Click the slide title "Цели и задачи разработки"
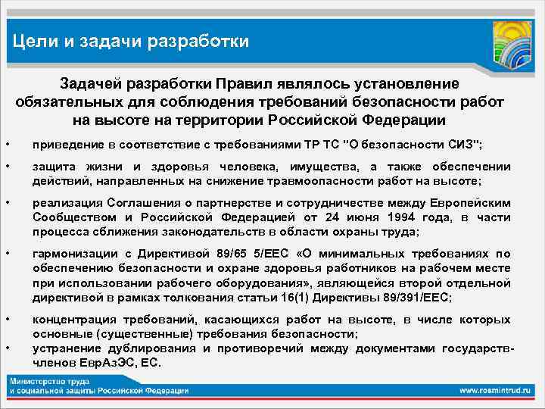[x=131, y=40]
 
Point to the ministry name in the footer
[x=98, y=386]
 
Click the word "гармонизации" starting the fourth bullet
[x=67, y=254]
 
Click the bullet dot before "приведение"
[x=7, y=145]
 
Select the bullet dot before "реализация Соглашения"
[x=7, y=203]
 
